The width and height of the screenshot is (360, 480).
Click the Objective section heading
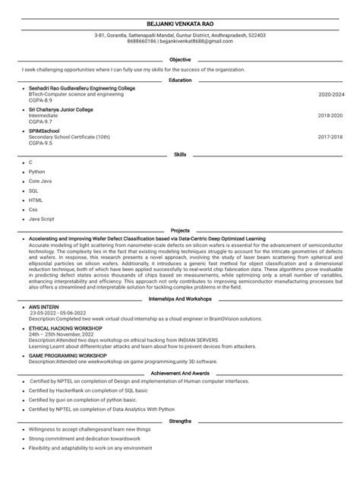coord(180,59)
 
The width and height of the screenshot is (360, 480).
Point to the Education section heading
coord(180,80)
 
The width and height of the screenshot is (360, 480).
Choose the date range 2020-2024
coord(331,94)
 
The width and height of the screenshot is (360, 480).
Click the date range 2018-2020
coord(331,115)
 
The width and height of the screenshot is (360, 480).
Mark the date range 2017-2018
coord(331,137)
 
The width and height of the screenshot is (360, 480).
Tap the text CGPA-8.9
coord(40,99)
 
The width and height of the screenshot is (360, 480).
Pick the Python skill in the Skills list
coord(37,172)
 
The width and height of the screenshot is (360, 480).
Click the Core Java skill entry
coord(41,182)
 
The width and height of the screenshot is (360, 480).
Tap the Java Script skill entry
coord(42,218)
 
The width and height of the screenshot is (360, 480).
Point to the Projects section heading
coord(180,229)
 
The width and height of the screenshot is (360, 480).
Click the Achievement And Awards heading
coord(180,374)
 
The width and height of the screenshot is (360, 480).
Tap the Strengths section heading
coord(180,420)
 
